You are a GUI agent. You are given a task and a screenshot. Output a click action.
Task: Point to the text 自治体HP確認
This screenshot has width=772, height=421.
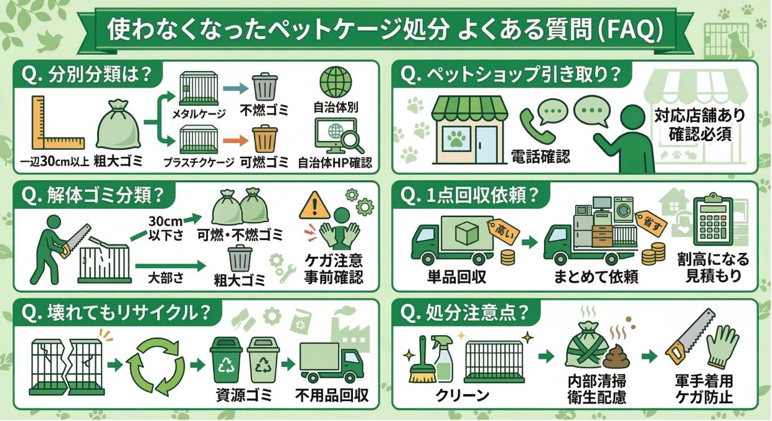[335, 164]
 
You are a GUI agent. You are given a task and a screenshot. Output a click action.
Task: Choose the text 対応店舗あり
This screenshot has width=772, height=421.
[699, 116]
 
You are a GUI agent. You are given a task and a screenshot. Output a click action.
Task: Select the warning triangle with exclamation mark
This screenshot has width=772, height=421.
[314, 205]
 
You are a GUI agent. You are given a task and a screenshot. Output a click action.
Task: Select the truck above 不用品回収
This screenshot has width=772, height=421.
[329, 363]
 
